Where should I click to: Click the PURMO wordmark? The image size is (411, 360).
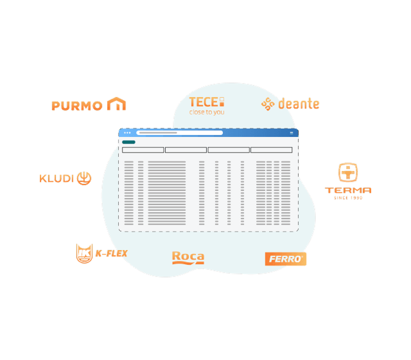tap(77, 105)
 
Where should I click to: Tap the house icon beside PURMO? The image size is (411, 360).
tap(116, 104)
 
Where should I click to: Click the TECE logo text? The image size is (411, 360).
tap(204, 102)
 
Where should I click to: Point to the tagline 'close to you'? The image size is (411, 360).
tap(207, 112)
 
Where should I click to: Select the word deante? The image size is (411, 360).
tap(299, 104)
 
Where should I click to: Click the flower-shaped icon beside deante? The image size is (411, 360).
tap(268, 104)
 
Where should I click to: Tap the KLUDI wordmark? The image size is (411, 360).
tap(57, 179)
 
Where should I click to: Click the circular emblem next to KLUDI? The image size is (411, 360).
tap(84, 179)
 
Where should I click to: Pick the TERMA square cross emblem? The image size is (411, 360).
tap(348, 172)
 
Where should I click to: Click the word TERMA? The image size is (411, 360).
tap(348, 190)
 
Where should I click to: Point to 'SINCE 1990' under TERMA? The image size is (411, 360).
tap(348, 198)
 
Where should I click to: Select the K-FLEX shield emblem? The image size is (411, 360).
tap(84, 253)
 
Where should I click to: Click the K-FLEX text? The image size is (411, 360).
tap(111, 253)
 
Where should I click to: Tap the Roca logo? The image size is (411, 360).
tap(188, 258)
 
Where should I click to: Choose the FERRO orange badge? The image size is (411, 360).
tap(285, 259)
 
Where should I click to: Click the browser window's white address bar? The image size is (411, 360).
tap(180, 133)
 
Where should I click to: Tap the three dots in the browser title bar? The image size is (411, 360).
tap(127, 133)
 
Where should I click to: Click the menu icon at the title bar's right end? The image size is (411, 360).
tap(292, 133)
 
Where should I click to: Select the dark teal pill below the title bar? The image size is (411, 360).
tap(128, 142)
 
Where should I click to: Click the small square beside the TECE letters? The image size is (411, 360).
tap(222, 102)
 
